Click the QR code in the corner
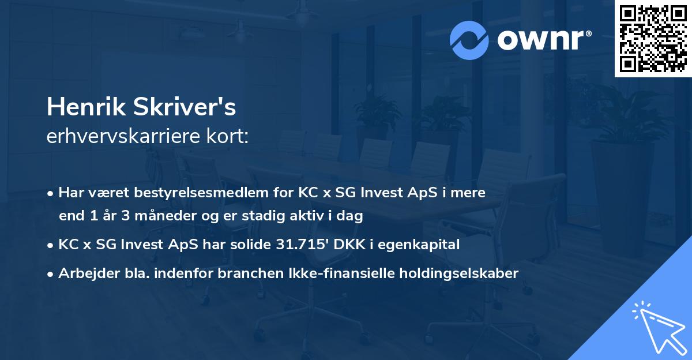653,38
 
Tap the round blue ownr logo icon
469,40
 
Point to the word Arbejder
85,273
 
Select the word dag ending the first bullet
351,216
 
